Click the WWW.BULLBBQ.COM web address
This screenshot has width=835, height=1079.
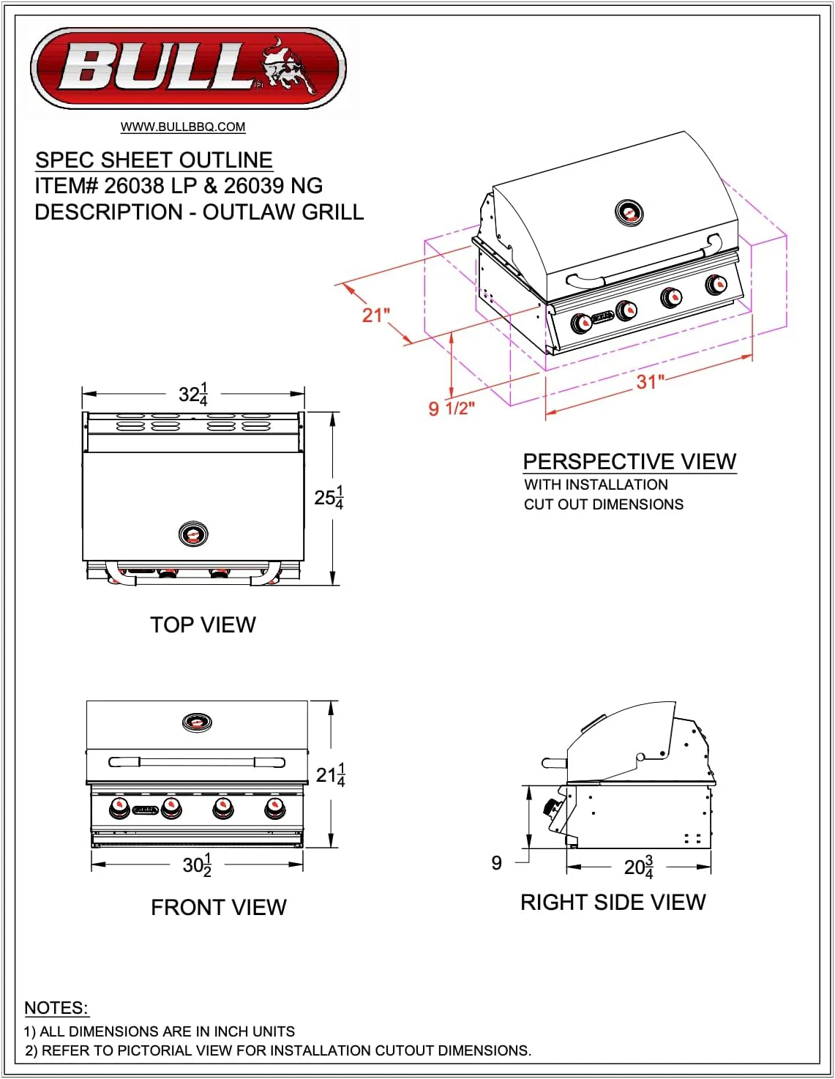coord(183,127)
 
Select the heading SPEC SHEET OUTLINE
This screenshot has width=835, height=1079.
coord(154,160)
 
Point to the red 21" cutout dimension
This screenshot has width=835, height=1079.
coord(376,316)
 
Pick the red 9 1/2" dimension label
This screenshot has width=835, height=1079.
coord(452,408)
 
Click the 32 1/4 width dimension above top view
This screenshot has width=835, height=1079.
coord(193,395)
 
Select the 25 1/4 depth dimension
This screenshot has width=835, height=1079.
coord(329,498)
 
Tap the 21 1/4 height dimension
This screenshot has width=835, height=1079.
coord(330,774)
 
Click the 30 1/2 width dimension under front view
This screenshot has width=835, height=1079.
coord(197,865)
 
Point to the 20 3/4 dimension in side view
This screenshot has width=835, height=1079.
coord(638,867)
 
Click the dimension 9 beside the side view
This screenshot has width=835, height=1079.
coord(497,863)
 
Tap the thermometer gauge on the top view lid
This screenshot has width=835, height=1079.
coord(193,534)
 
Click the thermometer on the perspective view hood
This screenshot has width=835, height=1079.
coord(629,213)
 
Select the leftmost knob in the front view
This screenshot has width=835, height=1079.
coord(119,808)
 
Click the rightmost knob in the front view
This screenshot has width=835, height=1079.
coord(274,808)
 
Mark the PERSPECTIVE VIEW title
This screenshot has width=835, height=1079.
coord(629,462)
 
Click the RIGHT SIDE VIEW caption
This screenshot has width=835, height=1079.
coord(613,903)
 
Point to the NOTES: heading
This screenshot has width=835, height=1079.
coord(56,1008)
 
